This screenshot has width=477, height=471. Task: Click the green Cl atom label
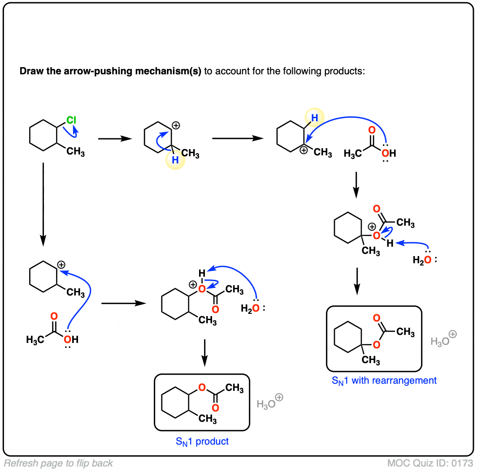point(72,120)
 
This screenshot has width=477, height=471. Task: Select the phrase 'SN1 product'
point(202,441)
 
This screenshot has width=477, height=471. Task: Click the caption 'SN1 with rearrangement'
point(384,381)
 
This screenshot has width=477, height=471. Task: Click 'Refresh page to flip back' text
point(59,463)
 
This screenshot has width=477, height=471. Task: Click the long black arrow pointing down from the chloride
point(43,204)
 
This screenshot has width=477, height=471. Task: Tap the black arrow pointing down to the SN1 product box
point(204,351)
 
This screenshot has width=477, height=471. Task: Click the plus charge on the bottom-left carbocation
point(61,265)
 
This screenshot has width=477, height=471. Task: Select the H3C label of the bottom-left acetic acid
point(36,339)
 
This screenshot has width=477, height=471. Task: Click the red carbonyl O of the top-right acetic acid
point(371,131)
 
